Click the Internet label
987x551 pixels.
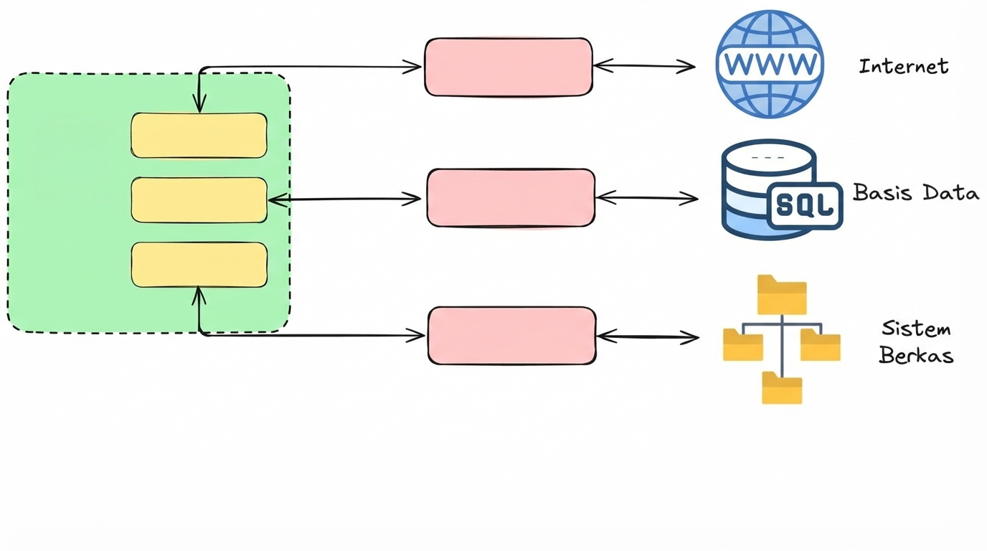(x=903, y=67)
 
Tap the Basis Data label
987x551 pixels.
(x=915, y=193)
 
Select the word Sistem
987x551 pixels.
(x=915, y=329)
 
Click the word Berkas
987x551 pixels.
(x=915, y=355)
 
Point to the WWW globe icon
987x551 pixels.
(x=770, y=64)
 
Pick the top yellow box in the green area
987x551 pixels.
(x=199, y=136)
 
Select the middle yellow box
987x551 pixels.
(x=199, y=200)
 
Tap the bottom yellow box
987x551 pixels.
(x=199, y=265)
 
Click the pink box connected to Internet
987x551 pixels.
(x=509, y=67)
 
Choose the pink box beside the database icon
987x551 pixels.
(x=511, y=198)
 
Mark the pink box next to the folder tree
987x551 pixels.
(x=511, y=336)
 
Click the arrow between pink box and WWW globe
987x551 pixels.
(x=644, y=67)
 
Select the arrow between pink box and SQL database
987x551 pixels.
(x=646, y=198)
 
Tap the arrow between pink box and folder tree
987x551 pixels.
(x=647, y=336)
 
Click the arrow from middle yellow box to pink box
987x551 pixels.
(x=344, y=199)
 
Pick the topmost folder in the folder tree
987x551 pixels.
(x=782, y=295)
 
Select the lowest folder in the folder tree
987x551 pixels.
(x=782, y=388)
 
